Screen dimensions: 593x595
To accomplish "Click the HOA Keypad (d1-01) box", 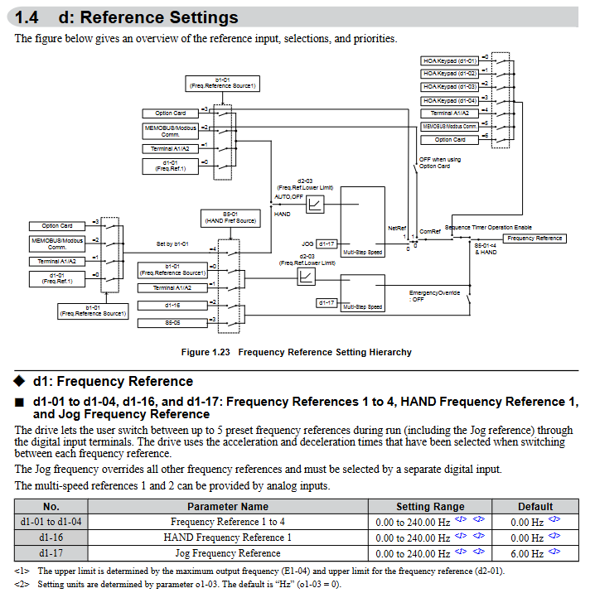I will (450, 60).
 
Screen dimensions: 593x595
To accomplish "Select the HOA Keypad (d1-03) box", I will (450, 87).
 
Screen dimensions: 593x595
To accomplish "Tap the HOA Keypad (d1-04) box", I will (450, 100).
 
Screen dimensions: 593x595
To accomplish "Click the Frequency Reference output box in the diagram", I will (535, 239).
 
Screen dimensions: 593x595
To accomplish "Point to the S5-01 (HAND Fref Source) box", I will (229, 218).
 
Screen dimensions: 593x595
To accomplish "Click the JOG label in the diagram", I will (307, 243).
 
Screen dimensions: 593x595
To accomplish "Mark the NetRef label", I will (397, 227).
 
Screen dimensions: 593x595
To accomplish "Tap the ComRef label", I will (430, 231).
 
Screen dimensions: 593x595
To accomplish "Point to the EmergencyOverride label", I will (435, 292).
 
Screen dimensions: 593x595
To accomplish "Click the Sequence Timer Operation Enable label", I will (488, 227).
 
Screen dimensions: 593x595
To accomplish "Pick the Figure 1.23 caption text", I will (296, 352).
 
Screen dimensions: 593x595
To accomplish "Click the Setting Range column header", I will (430, 507).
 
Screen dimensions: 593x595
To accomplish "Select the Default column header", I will (535, 507).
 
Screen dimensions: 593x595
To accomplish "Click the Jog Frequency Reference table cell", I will (227, 553).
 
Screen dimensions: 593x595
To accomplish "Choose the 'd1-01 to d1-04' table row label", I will (51, 522).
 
